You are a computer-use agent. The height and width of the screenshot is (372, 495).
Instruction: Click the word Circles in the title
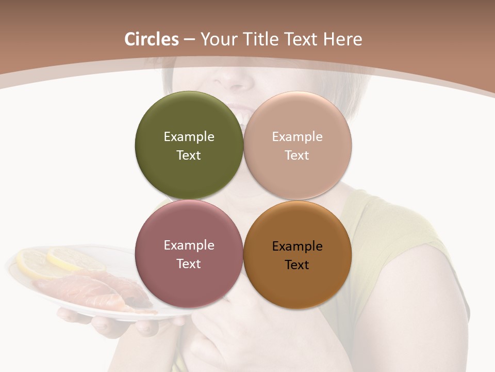(x=152, y=39)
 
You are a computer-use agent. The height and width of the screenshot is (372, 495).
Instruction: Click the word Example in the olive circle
(x=189, y=136)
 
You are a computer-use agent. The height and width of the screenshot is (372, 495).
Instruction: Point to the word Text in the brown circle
(x=297, y=265)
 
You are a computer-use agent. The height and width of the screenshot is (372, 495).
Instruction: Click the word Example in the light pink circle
(x=298, y=136)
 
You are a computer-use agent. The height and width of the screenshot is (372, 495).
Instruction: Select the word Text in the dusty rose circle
(x=189, y=263)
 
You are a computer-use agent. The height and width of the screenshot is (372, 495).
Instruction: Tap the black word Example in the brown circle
(x=298, y=246)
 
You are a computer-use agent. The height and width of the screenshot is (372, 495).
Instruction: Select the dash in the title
(x=189, y=40)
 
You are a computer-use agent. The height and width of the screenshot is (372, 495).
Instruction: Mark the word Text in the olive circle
(x=189, y=155)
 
